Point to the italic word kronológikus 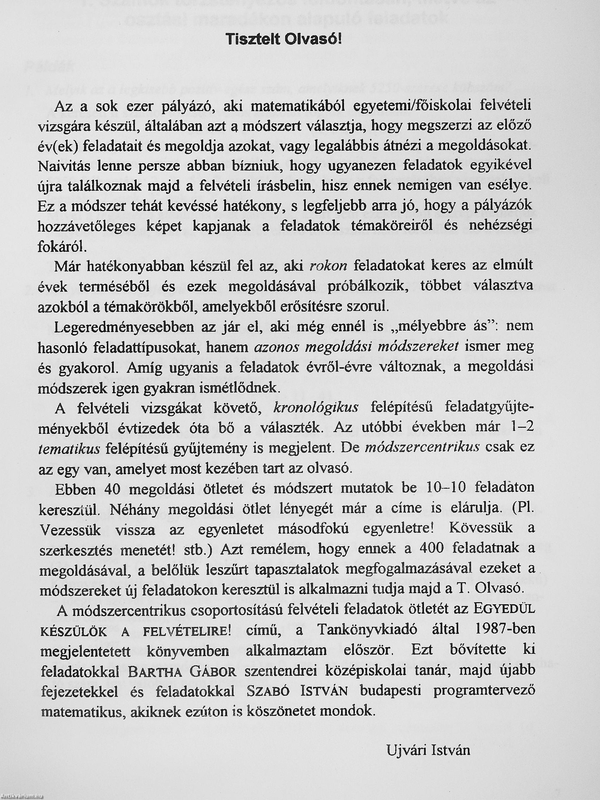(316, 408)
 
